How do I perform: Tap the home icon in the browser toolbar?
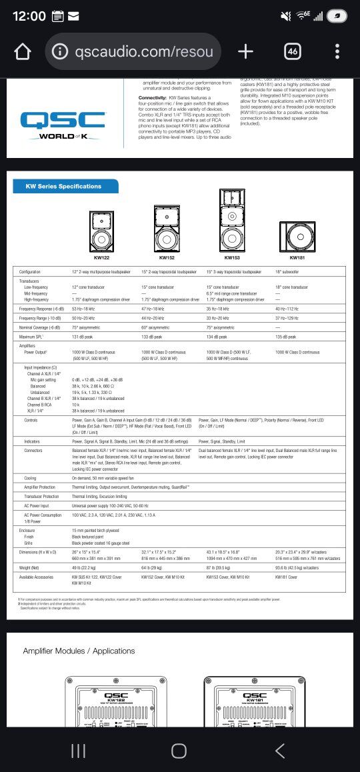point(22,52)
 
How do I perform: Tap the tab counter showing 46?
point(292,51)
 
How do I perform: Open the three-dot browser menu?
point(338,51)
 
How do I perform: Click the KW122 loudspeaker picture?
point(102,231)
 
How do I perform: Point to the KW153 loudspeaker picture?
point(232,221)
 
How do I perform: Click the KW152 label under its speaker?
point(167,257)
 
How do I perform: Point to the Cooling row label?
point(31,478)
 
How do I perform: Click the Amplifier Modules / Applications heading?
point(79,651)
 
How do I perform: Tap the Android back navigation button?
point(280,751)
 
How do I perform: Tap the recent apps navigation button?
point(78,751)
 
